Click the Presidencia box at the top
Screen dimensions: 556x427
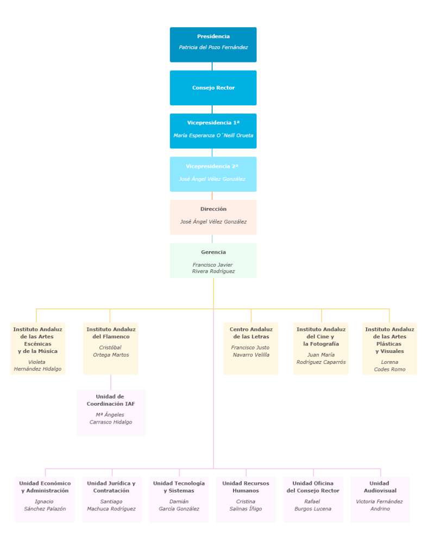213,45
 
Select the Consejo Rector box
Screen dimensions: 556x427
213,87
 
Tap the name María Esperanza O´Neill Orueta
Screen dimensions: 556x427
213,135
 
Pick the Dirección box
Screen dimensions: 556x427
213,217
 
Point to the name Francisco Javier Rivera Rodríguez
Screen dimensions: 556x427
213,268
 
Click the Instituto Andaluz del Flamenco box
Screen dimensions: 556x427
110,348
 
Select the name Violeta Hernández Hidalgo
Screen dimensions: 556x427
37,365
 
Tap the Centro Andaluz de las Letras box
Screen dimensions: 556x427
250,348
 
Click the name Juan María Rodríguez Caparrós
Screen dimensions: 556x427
321,358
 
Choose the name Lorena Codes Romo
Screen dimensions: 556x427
389,365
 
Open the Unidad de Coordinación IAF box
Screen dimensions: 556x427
111,412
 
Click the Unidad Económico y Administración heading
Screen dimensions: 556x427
45,486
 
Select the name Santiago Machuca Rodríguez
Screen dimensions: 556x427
111,505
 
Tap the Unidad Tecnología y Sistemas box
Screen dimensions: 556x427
179,499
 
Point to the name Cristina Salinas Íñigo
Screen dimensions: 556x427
246,505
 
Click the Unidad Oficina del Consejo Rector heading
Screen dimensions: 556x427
313,486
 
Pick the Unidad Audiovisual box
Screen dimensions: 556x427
379,499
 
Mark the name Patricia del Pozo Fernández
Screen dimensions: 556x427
213,48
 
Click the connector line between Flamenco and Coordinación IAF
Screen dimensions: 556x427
111,382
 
